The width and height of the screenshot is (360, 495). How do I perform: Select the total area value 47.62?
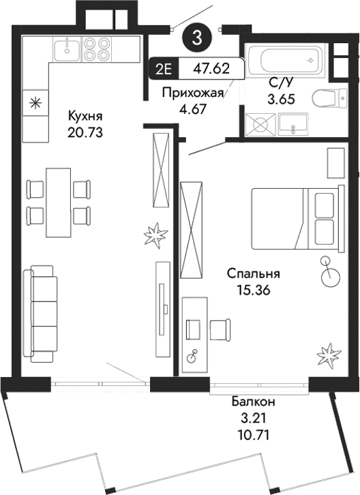click(x=210, y=69)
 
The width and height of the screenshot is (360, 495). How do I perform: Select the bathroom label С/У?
click(x=280, y=82)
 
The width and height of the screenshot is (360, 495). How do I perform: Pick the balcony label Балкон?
click(x=252, y=402)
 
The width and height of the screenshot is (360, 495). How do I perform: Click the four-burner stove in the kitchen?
click(x=97, y=48)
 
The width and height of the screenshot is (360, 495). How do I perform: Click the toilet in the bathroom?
click(x=326, y=100)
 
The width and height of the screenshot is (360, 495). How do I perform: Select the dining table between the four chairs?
click(x=59, y=201)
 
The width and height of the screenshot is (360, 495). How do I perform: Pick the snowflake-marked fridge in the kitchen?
click(x=33, y=104)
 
